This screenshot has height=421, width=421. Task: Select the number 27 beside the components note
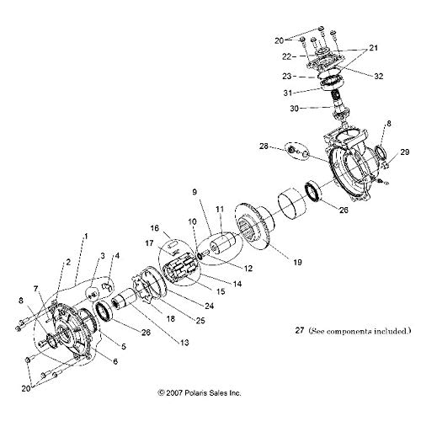coord(291,330)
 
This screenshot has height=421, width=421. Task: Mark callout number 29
coord(405,152)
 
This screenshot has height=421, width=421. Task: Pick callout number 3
coord(102,254)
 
